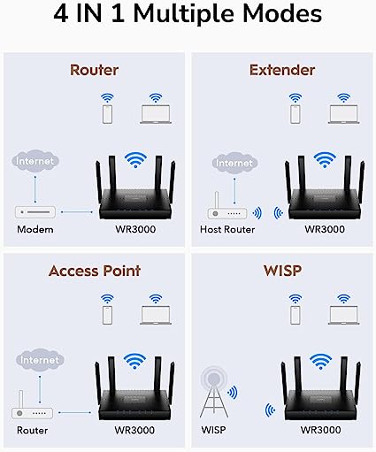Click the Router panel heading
point(94,70)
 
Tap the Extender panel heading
point(282,70)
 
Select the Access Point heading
point(95,271)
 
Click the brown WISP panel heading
point(282,271)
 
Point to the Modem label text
point(35,229)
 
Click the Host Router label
point(227,229)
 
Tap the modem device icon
point(35,212)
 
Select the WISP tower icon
point(214,392)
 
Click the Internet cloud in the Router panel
point(35,161)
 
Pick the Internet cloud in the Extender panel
point(234,163)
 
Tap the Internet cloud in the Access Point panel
point(40,360)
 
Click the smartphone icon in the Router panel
point(107,115)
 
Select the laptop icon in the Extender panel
point(344,114)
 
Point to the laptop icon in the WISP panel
point(344,316)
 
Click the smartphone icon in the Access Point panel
point(107,316)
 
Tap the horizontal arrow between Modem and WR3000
point(77,211)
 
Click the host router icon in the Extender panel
point(227,207)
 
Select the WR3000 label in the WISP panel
point(321,430)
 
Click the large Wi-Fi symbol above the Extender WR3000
point(325,160)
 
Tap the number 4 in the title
point(61,14)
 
